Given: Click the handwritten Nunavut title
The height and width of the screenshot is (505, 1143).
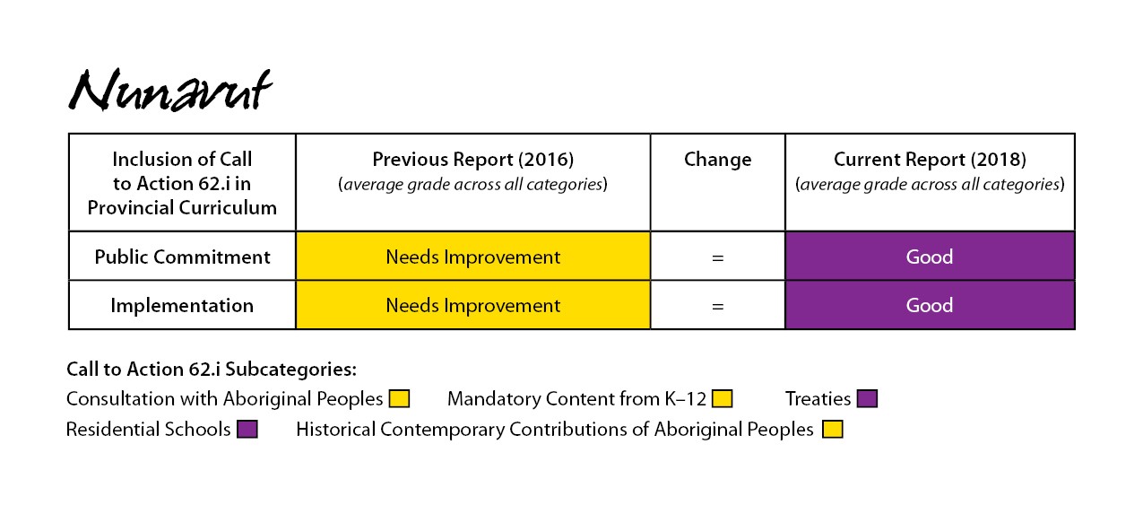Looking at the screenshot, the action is tap(170, 90).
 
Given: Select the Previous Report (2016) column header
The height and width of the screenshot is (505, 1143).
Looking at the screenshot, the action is tap(473, 171).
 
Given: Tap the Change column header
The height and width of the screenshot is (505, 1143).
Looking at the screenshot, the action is tap(717, 160).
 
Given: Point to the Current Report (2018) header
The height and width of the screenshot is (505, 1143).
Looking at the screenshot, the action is tap(930, 171).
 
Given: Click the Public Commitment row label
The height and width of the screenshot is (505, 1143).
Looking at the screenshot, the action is tap(182, 257).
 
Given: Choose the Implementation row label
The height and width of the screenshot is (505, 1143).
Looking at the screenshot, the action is tap(182, 305).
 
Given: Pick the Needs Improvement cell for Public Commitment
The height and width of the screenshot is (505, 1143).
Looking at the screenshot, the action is tap(473, 257).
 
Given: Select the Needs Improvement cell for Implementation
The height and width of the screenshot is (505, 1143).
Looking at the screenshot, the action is tap(473, 305).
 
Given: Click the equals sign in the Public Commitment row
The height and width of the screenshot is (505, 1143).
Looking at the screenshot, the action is tap(717, 257).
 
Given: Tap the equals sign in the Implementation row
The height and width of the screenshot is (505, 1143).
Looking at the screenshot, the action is tap(717, 307).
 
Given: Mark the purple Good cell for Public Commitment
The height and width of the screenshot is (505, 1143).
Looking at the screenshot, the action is tap(930, 257).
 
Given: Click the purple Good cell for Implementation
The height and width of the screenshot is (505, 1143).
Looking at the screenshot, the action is tap(930, 305).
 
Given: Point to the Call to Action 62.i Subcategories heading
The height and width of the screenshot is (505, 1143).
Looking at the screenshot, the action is tap(212, 369).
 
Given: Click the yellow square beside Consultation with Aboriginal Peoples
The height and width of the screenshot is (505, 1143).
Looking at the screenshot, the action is tap(399, 399).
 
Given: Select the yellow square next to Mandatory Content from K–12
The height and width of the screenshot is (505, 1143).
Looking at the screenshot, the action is tap(722, 399).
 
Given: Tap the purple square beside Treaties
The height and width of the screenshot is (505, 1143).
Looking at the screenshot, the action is tap(867, 399).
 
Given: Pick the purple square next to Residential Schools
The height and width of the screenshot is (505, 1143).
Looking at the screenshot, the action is tap(247, 430).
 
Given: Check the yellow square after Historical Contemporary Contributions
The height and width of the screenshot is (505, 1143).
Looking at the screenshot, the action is tap(832, 430).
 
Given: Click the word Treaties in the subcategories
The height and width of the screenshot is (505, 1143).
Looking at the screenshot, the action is tap(818, 399).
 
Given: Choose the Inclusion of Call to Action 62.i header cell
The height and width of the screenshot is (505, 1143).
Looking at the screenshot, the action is tap(182, 183).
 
